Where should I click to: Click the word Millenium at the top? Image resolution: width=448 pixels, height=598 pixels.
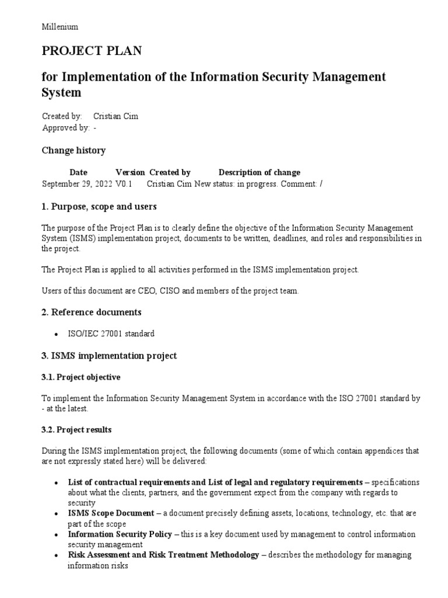60,27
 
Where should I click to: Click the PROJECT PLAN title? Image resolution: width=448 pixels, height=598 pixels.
92,51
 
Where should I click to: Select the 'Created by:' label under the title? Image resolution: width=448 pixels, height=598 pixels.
62,116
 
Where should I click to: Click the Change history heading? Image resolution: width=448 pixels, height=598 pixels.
73,151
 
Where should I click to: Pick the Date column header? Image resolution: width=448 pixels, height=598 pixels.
78,172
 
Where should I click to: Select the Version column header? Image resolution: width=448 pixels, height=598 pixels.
130,172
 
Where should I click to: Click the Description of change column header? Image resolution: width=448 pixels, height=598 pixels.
260,172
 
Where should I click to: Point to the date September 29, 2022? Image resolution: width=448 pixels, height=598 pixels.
77,183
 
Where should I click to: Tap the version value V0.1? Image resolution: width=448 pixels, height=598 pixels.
124,183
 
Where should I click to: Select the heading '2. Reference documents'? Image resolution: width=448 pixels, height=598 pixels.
92,312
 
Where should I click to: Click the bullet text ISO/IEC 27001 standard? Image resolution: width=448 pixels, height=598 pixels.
111,334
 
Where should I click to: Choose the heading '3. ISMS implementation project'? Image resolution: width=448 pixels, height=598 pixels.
109,356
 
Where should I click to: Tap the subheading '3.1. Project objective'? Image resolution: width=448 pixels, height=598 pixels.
80,377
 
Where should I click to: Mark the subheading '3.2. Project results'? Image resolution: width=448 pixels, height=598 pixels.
76,430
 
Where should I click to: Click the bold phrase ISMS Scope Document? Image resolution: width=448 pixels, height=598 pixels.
110,513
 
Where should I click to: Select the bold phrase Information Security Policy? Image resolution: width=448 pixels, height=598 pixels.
120,534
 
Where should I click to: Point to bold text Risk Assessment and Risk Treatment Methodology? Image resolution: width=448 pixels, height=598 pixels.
163,555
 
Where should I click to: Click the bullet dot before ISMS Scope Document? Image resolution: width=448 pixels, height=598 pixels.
55,514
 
